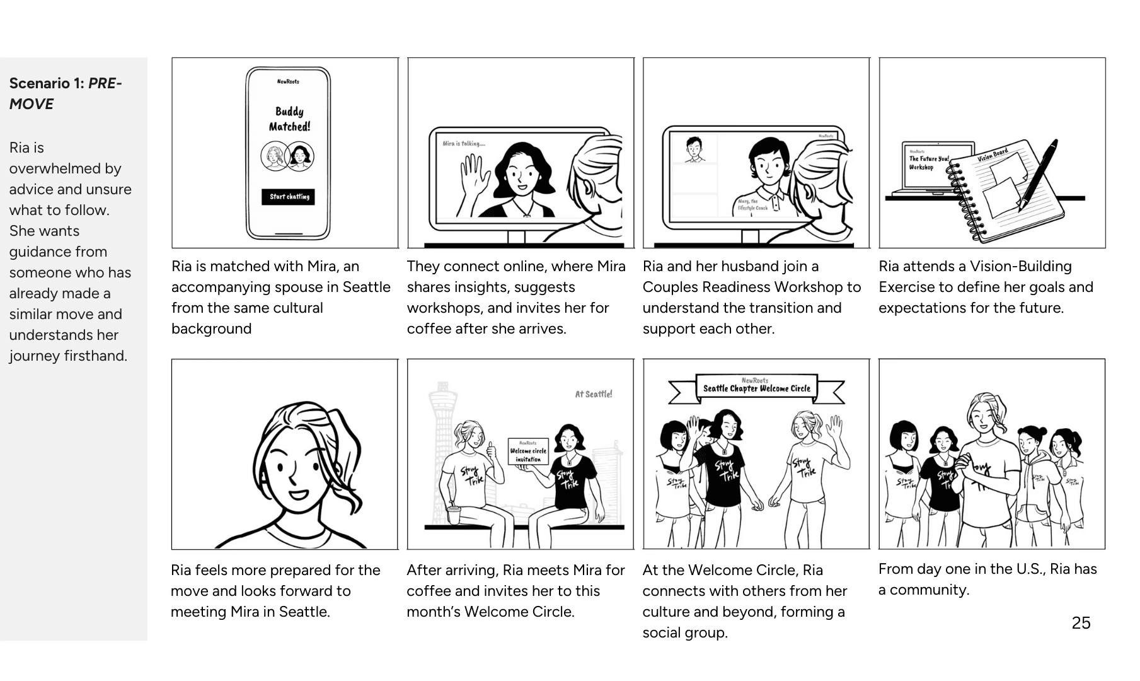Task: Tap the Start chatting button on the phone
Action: pyautogui.click(x=288, y=197)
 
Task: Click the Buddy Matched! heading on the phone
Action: pyautogui.click(x=289, y=119)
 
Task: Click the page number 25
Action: pyautogui.click(x=1081, y=623)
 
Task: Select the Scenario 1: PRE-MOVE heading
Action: pyautogui.click(x=65, y=93)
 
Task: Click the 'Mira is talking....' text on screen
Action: pyautogui.click(x=464, y=144)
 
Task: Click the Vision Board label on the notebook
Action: pyautogui.click(x=993, y=155)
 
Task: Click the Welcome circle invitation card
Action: pyautogui.click(x=528, y=451)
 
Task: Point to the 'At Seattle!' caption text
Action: pyautogui.click(x=593, y=394)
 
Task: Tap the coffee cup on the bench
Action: pyautogui.click(x=453, y=514)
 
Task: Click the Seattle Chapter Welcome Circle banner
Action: pyautogui.click(x=756, y=388)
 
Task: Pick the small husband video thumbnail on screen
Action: pyautogui.click(x=694, y=149)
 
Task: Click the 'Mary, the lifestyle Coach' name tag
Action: pyautogui.click(x=753, y=204)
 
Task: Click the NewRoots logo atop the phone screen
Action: pyautogui.click(x=288, y=81)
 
